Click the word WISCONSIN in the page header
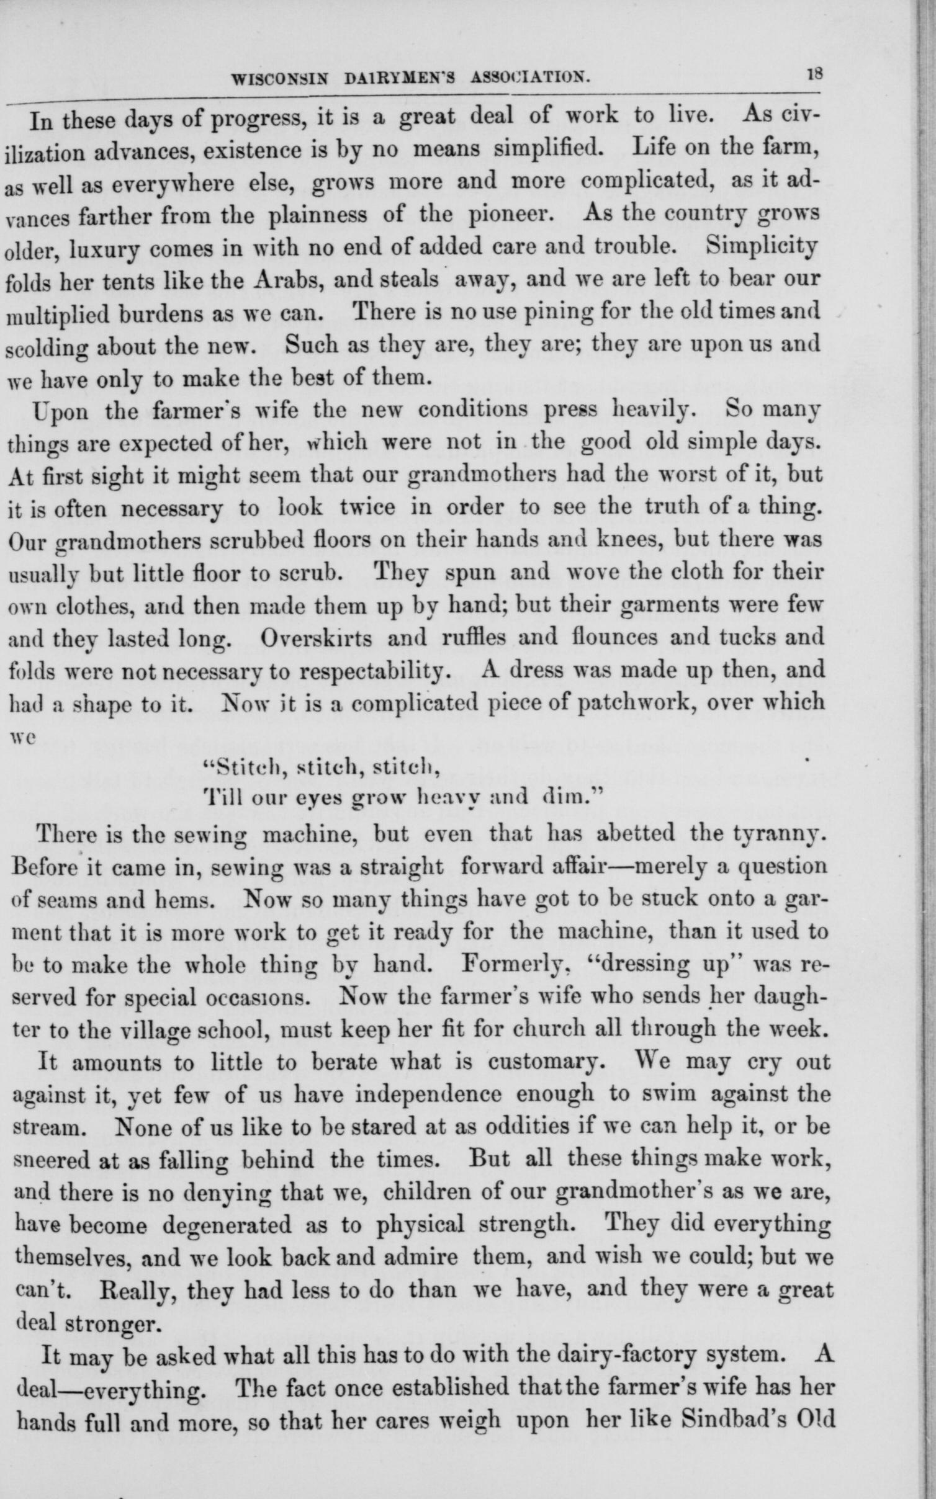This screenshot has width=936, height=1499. (271, 79)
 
